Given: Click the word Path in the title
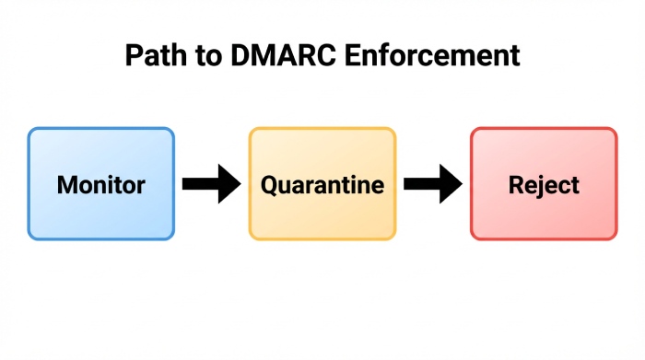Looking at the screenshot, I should point(153,56).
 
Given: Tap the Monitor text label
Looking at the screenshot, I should point(100,184).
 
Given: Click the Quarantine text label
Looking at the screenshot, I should point(322,185).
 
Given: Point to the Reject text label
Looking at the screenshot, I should point(544,185).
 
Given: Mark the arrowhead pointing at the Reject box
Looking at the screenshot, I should point(451,184).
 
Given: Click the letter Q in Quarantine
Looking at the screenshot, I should point(270,185).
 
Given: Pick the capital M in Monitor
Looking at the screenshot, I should point(65,184).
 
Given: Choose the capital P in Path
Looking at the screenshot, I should point(133,56).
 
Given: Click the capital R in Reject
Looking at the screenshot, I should point(515,184).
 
